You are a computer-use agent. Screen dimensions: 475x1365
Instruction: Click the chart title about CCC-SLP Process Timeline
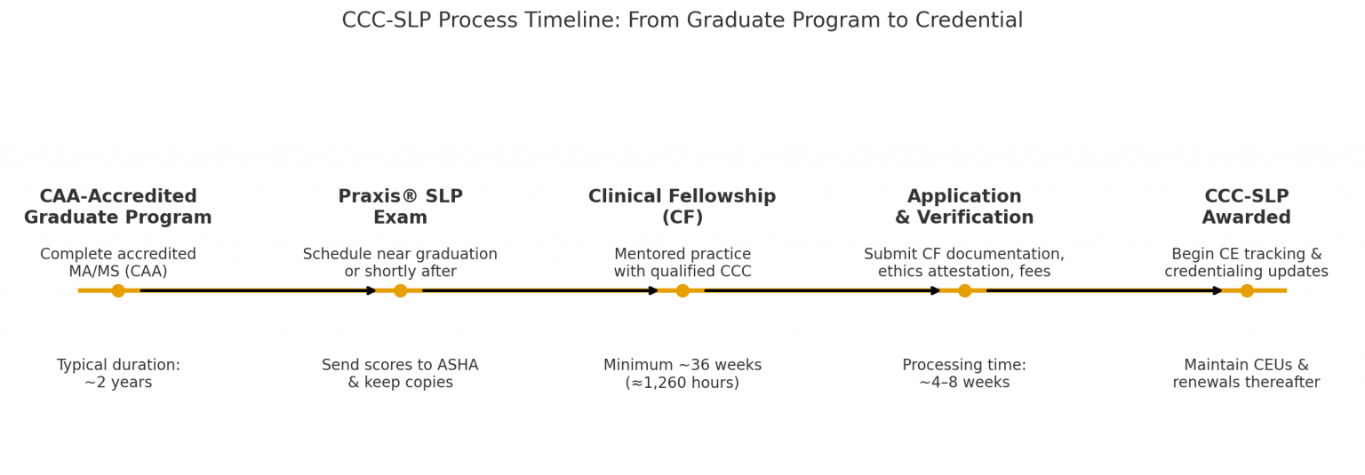[x=682, y=20]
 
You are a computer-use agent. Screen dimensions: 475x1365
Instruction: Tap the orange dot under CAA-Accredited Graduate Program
[x=118, y=290]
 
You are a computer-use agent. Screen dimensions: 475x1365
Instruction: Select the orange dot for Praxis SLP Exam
[x=400, y=290]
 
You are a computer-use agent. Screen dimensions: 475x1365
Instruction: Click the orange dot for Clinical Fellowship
[x=682, y=290]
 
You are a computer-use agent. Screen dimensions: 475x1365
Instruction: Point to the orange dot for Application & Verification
[x=964, y=290]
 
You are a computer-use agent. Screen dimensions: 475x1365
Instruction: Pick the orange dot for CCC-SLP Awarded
[x=1247, y=290]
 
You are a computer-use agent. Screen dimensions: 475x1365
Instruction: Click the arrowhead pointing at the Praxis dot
[x=372, y=290]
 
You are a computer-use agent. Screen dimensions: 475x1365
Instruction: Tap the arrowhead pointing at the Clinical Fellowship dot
[x=654, y=290]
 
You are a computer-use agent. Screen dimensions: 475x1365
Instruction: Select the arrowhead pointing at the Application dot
[x=936, y=290]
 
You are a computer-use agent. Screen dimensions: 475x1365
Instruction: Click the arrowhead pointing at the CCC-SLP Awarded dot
[x=1218, y=290]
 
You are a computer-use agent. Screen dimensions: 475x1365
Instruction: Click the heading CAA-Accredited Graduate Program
[x=118, y=207]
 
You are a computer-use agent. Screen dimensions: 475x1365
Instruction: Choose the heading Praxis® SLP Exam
[x=400, y=207]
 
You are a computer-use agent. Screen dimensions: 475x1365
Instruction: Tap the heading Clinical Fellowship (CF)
[x=682, y=207]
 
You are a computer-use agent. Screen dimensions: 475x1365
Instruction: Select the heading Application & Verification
[x=964, y=207]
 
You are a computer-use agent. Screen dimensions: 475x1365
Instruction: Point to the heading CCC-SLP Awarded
[x=1247, y=207]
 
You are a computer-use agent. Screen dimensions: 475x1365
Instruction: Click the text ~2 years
[x=118, y=383]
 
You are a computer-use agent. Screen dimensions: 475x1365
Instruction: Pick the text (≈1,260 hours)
[x=682, y=383]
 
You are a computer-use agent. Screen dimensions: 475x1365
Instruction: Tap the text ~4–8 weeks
[x=964, y=383]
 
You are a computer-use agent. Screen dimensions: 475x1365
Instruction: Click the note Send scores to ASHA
[x=400, y=365]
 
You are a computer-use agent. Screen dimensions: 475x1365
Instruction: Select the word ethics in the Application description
[x=898, y=272]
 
